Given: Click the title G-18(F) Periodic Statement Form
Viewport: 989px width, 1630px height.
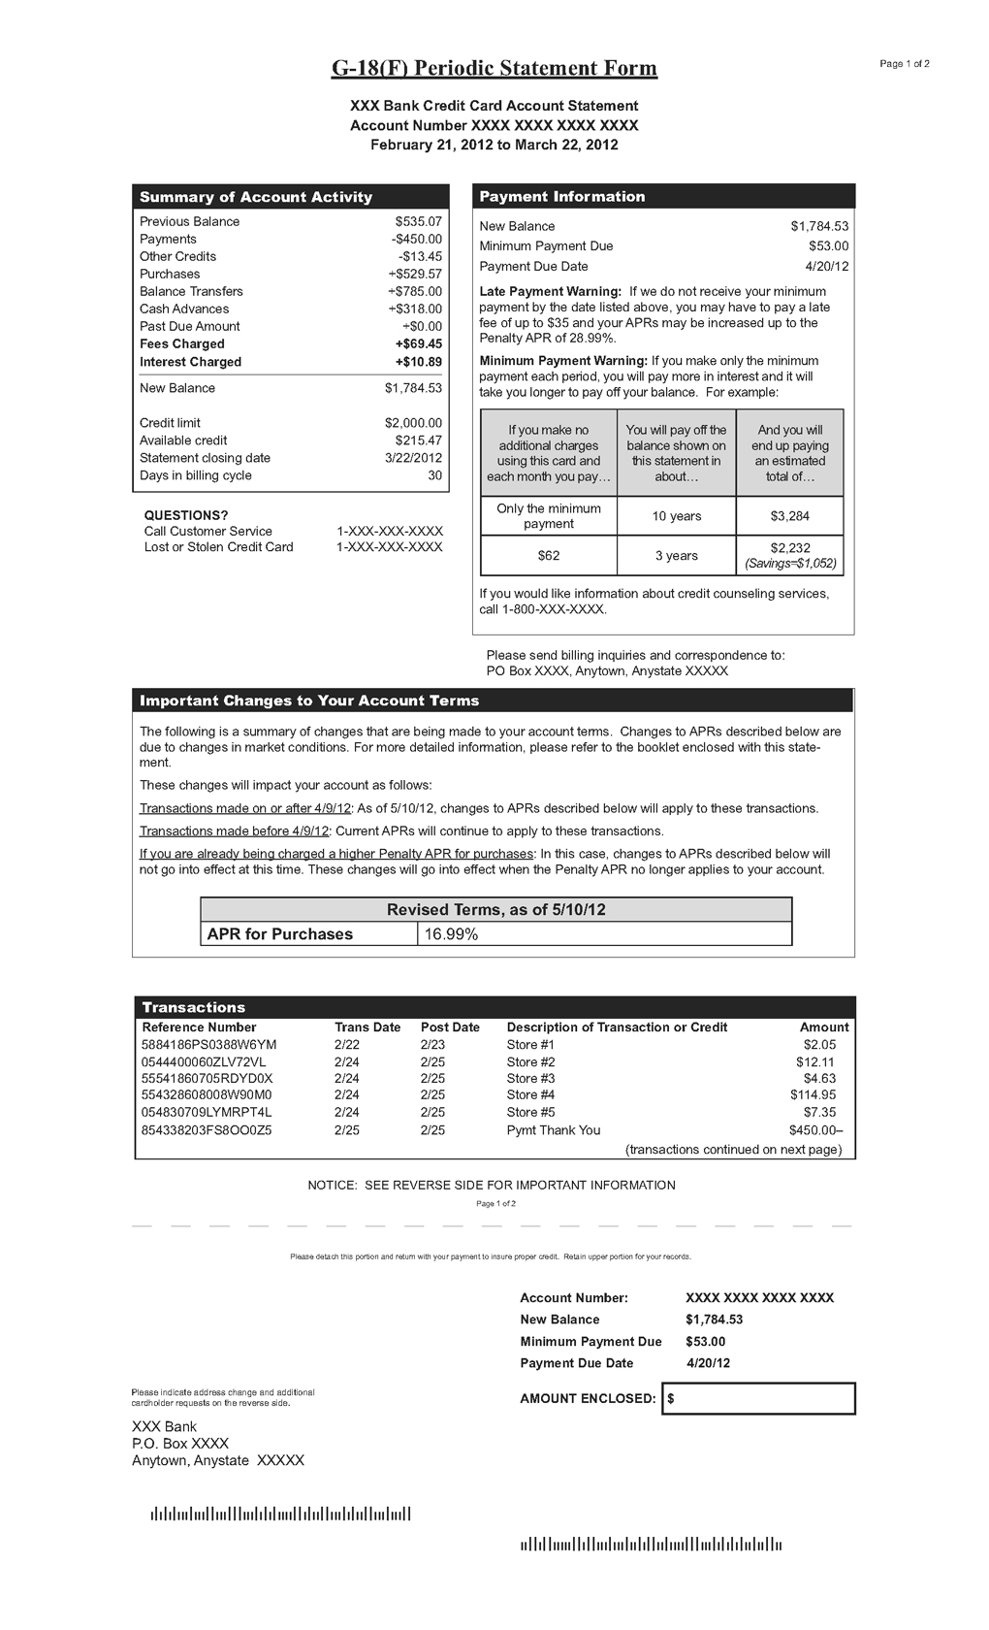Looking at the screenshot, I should click(494, 68).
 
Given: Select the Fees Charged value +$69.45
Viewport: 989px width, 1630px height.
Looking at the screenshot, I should click(418, 343).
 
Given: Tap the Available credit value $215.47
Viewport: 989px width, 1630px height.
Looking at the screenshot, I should click(418, 440).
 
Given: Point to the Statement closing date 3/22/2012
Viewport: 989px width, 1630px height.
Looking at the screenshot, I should click(413, 458).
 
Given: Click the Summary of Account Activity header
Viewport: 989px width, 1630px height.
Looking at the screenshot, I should click(256, 197).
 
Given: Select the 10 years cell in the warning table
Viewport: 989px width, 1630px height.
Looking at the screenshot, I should click(676, 516).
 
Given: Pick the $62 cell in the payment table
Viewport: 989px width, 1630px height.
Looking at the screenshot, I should click(549, 556).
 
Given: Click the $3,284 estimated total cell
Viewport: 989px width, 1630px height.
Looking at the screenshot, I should click(789, 516).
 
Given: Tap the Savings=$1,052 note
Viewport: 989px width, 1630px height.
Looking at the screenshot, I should click(789, 564).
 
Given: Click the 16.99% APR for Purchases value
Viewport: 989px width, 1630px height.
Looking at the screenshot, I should click(451, 934).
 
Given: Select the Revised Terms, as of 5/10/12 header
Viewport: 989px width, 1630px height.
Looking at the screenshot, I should click(495, 910).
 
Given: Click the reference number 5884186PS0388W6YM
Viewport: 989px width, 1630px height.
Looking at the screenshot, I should click(209, 1045).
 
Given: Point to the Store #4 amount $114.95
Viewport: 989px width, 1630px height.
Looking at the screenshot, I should click(813, 1095).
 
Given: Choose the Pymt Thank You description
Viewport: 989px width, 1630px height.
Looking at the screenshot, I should click(553, 1130).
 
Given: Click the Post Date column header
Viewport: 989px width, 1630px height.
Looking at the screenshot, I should click(450, 1027).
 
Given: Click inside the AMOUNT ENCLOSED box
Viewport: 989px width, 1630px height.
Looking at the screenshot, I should click(761, 1399).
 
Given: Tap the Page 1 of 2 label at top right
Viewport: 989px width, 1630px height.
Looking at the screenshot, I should click(904, 64).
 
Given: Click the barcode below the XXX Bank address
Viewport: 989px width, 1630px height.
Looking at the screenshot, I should click(280, 1514).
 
